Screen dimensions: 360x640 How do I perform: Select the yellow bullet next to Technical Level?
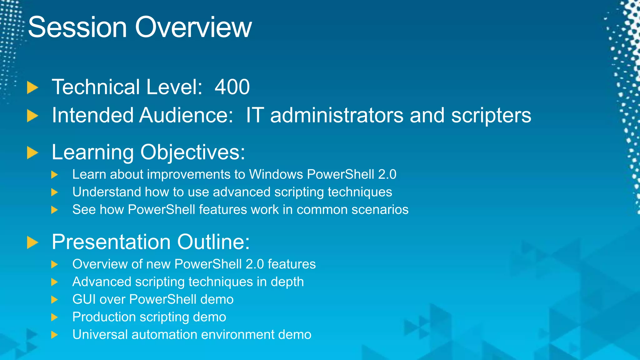32,87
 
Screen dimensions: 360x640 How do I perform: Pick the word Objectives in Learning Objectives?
192,152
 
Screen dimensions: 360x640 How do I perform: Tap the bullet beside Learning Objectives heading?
32,153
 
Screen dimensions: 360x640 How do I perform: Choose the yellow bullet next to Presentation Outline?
32,242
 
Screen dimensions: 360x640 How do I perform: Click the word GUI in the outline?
83,299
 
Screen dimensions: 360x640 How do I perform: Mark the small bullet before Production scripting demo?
54,317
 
